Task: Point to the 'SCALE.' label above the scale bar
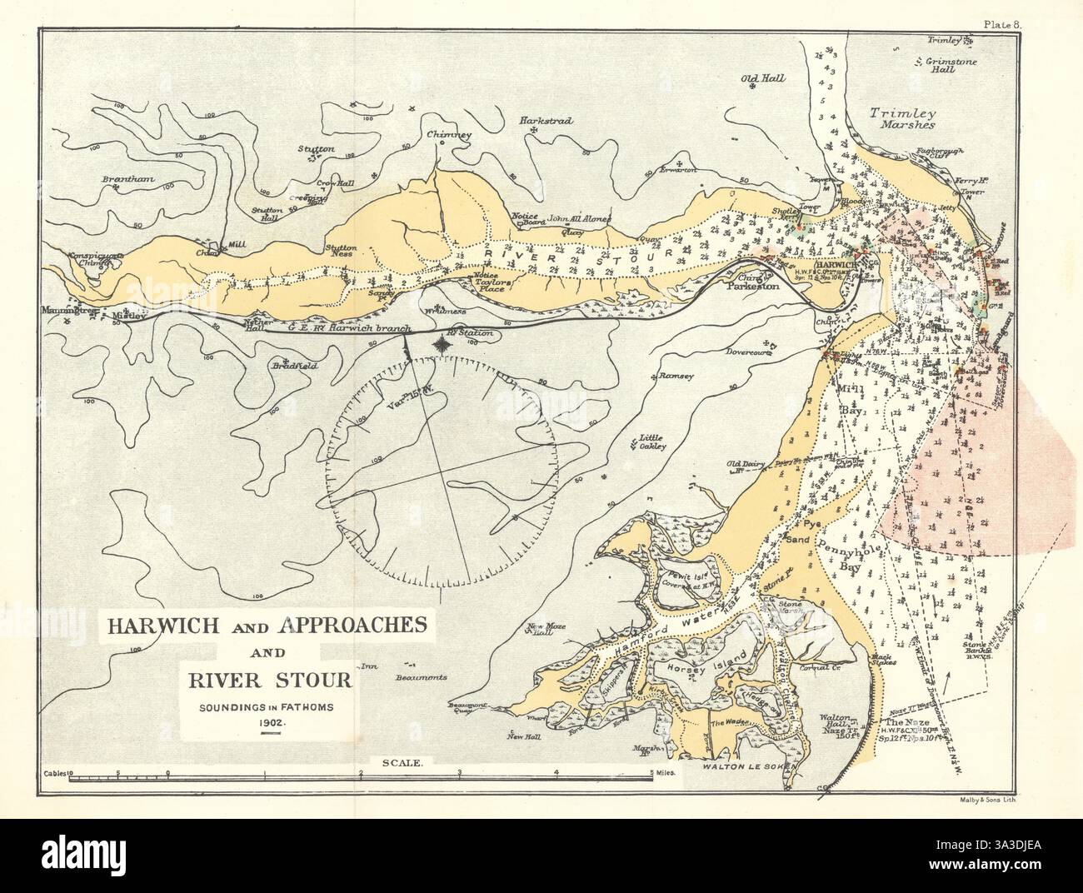point(402,761)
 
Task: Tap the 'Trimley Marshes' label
point(902,117)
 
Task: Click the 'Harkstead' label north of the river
point(546,121)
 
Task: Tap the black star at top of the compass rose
point(441,343)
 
